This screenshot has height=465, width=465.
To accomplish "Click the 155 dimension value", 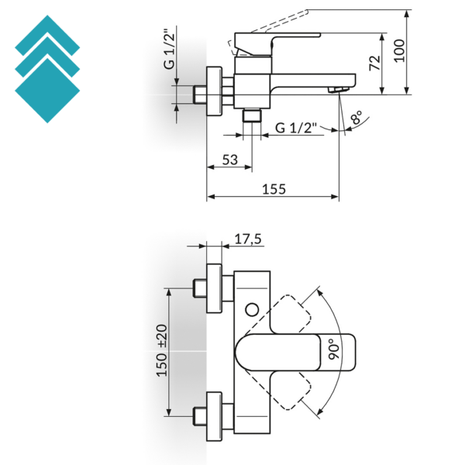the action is click(274, 189).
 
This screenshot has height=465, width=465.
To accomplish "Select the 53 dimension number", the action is click(230, 160).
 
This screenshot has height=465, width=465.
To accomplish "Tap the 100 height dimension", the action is click(399, 50).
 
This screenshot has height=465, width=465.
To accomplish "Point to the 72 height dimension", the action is click(375, 63).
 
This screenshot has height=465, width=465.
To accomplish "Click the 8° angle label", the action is click(356, 117).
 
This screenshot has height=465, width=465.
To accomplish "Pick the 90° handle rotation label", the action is click(335, 350).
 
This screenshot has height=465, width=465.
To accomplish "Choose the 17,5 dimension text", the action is click(248, 239).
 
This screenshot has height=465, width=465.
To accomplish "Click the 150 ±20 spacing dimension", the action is click(162, 351).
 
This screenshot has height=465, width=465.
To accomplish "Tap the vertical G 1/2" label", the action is click(169, 50).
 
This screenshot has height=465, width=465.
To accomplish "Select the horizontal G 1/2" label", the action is click(296, 128).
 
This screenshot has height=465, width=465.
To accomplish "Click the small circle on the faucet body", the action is click(252, 309).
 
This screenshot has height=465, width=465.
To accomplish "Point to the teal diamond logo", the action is click(47, 69).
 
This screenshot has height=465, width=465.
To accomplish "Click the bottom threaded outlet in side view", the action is click(252, 115).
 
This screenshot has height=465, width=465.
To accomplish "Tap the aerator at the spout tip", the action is click(338, 89).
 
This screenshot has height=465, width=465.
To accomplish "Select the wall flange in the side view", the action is click(214, 91).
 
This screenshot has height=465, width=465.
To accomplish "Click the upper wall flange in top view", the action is click(214, 288).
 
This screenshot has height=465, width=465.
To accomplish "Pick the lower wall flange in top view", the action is click(214, 416).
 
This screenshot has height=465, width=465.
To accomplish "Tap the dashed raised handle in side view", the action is click(268, 33).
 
